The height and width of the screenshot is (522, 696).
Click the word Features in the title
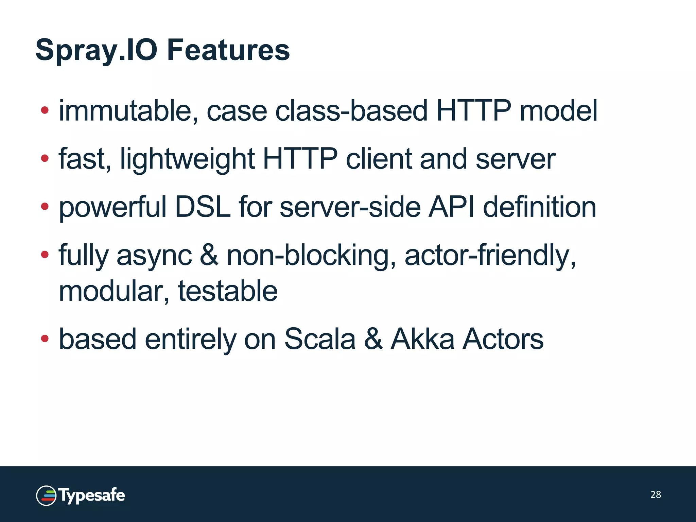pos(228,50)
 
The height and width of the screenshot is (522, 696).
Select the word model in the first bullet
pos(558,111)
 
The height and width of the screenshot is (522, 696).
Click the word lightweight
pos(187,159)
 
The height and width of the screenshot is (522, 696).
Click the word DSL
pos(203,207)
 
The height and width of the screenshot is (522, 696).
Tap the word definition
pos(539,207)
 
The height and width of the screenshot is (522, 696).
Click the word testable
pos(228,291)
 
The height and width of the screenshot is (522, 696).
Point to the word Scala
pos(320,339)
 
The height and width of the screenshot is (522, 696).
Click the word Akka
pos(422,339)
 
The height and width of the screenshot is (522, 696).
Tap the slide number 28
pos(656,494)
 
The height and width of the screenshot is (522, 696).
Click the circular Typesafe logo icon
pos(46,495)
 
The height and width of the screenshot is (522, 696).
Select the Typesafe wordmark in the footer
pos(92,495)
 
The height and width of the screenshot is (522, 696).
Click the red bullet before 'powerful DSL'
pos(45,206)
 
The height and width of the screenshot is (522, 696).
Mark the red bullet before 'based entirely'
pos(45,338)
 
